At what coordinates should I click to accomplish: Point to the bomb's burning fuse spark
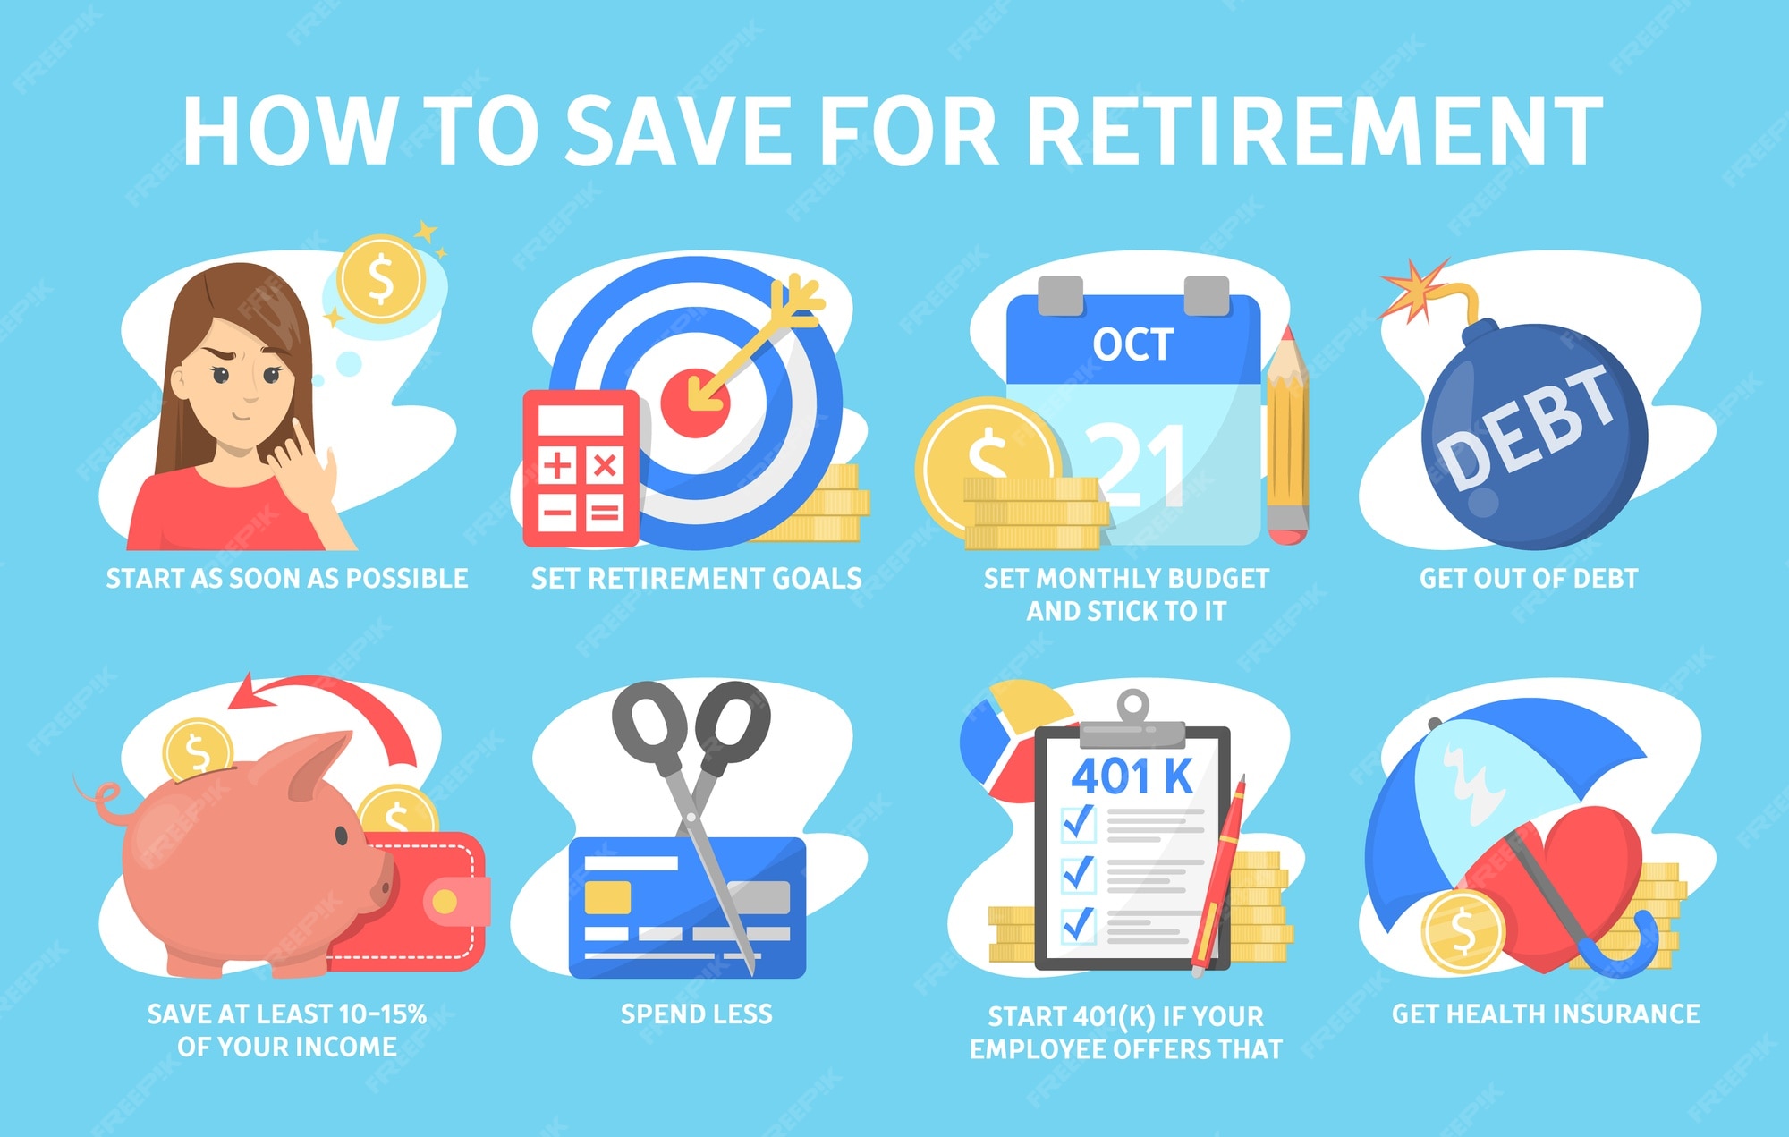tap(1413, 289)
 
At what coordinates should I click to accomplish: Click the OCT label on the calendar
tap(1132, 344)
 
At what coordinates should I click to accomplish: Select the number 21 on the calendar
tap(1136, 465)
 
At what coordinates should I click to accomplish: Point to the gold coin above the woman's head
tap(381, 278)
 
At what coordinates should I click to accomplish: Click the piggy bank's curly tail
tap(100, 801)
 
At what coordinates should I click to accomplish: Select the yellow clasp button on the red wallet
tap(445, 903)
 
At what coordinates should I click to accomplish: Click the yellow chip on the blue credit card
tap(607, 897)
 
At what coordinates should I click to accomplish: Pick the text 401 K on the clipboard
tap(1132, 776)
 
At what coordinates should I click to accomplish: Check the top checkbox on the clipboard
tap(1078, 822)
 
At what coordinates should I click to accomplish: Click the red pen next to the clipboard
tap(1217, 877)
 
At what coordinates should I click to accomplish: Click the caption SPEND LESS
tap(696, 1014)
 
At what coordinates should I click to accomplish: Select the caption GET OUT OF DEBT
tap(1529, 578)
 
